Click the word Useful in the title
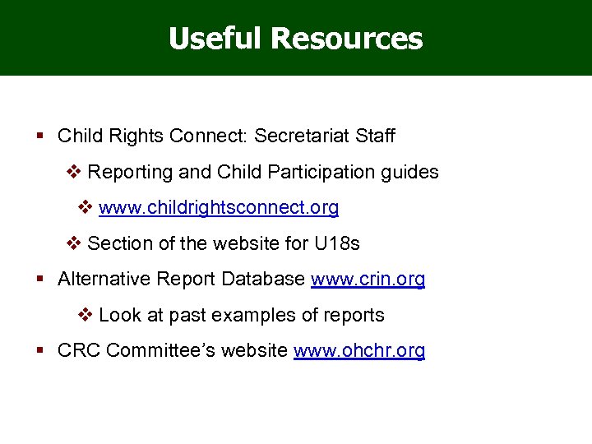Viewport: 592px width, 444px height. (215, 38)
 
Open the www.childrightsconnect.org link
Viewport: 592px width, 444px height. (218, 208)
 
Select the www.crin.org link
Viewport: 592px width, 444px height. (368, 280)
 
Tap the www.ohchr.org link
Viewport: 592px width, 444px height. (359, 351)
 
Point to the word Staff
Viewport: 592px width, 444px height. (376, 136)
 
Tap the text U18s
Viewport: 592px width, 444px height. (336, 244)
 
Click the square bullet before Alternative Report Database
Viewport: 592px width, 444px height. (40, 280)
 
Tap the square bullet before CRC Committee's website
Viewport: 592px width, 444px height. (40, 351)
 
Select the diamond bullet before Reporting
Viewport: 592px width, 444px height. (73, 173)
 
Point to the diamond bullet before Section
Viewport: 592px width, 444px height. (73, 244)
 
